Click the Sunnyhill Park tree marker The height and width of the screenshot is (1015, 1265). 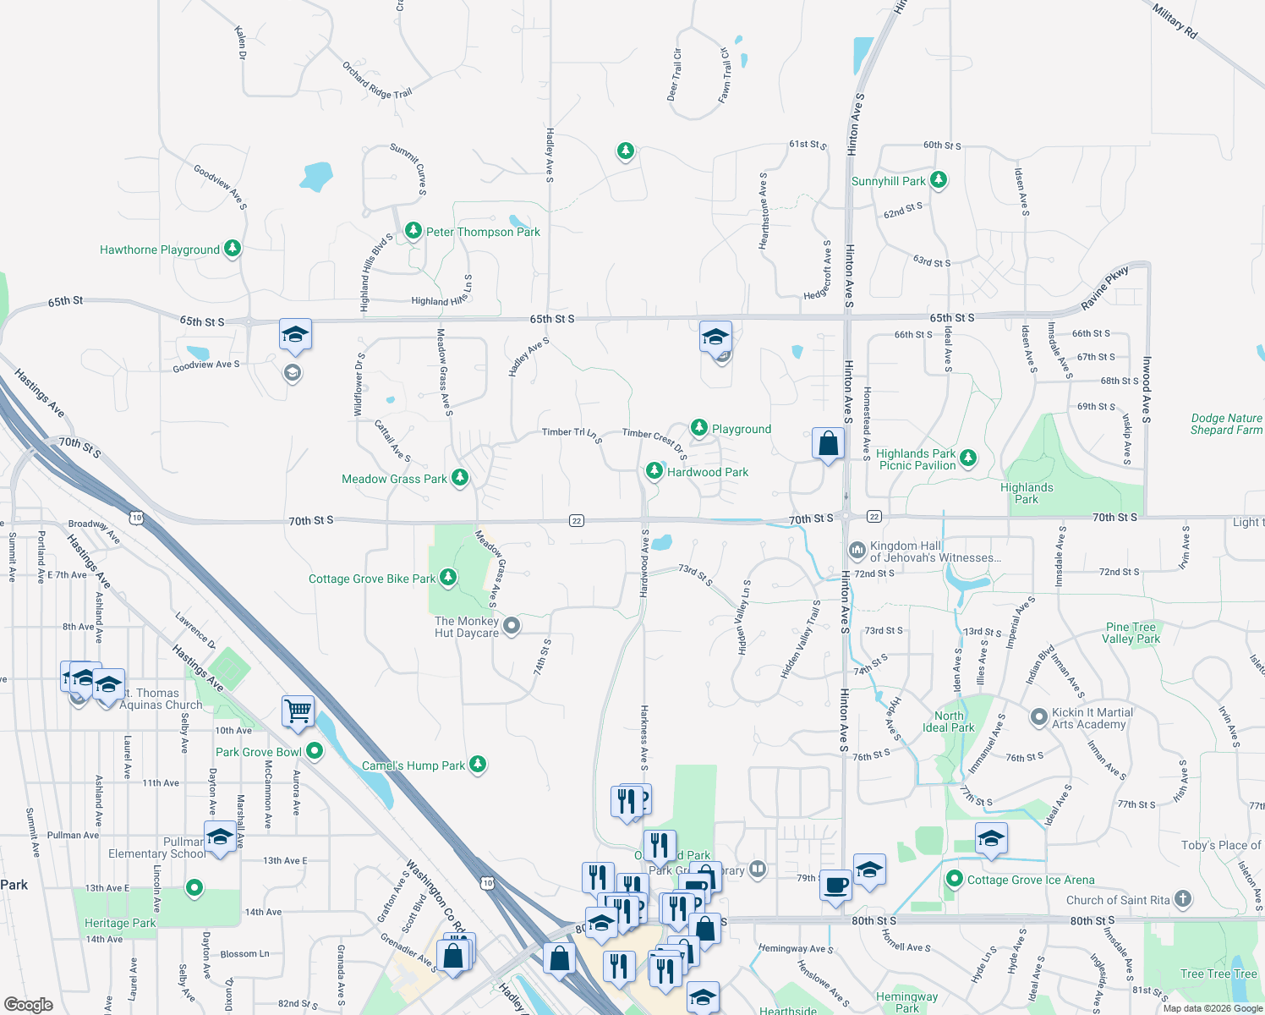click(938, 180)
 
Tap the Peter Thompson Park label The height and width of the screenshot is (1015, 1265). click(483, 232)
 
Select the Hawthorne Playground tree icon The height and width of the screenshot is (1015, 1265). click(233, 249)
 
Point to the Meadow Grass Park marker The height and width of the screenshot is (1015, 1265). click(460, 478)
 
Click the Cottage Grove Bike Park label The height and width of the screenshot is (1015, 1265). click(371, 579)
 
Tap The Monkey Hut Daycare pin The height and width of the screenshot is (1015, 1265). click(511, 626)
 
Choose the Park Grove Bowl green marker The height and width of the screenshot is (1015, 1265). click(315, 751)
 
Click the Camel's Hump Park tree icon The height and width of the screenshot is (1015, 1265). click(478, 765)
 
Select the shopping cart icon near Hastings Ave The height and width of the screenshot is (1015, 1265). click(298, 711)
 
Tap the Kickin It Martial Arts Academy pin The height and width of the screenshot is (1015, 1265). click(1039, 717)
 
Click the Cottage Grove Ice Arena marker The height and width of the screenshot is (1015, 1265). click(955, 880)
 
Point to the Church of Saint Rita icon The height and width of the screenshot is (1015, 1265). click(1183, 899)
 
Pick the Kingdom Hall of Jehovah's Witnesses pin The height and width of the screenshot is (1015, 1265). click(857, 551)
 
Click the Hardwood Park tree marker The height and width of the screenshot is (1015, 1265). click(654, 471)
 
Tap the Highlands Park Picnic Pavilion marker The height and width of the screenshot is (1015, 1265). click(968, 458)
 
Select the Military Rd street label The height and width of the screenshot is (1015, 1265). click(1175, 20)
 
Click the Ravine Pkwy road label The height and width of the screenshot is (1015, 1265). click(1104, 289)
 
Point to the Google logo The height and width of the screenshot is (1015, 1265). click(29, 1005)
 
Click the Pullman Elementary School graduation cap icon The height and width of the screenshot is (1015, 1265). click(220, 837)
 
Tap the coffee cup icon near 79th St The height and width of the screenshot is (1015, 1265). click(836, 886)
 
